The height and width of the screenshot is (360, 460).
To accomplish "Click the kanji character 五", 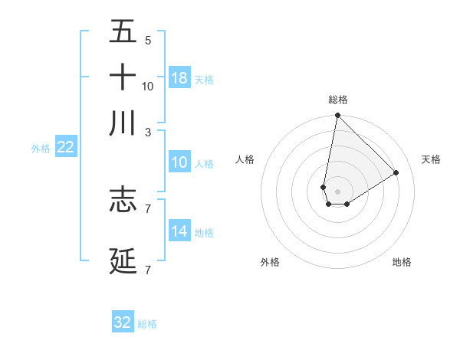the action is point(123,32).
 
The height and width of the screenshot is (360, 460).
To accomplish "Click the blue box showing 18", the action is point(179,78).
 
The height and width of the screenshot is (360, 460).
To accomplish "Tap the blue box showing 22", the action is point(66,147).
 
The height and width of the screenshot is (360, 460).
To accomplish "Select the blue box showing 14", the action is point(179,231).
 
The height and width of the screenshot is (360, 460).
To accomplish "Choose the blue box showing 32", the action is point(123,322).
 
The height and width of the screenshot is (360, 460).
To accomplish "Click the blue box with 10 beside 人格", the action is point(179,162).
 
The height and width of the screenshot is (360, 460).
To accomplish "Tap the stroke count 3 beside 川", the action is point(147,132).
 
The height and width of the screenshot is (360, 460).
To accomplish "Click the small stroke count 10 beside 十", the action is point(148,87).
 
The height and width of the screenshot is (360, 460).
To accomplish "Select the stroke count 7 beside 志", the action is point(147,208).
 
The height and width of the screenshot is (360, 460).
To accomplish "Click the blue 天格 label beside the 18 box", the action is point(204,80).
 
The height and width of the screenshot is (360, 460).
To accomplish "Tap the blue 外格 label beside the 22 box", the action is point(41,149).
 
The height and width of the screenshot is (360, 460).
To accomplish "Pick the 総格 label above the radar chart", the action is point(338,100).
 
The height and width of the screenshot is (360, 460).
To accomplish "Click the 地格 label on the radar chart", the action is point(402,262).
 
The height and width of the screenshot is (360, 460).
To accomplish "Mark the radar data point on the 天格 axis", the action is point(396,172).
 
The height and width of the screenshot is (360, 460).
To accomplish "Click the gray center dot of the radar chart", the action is point(338,191).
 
